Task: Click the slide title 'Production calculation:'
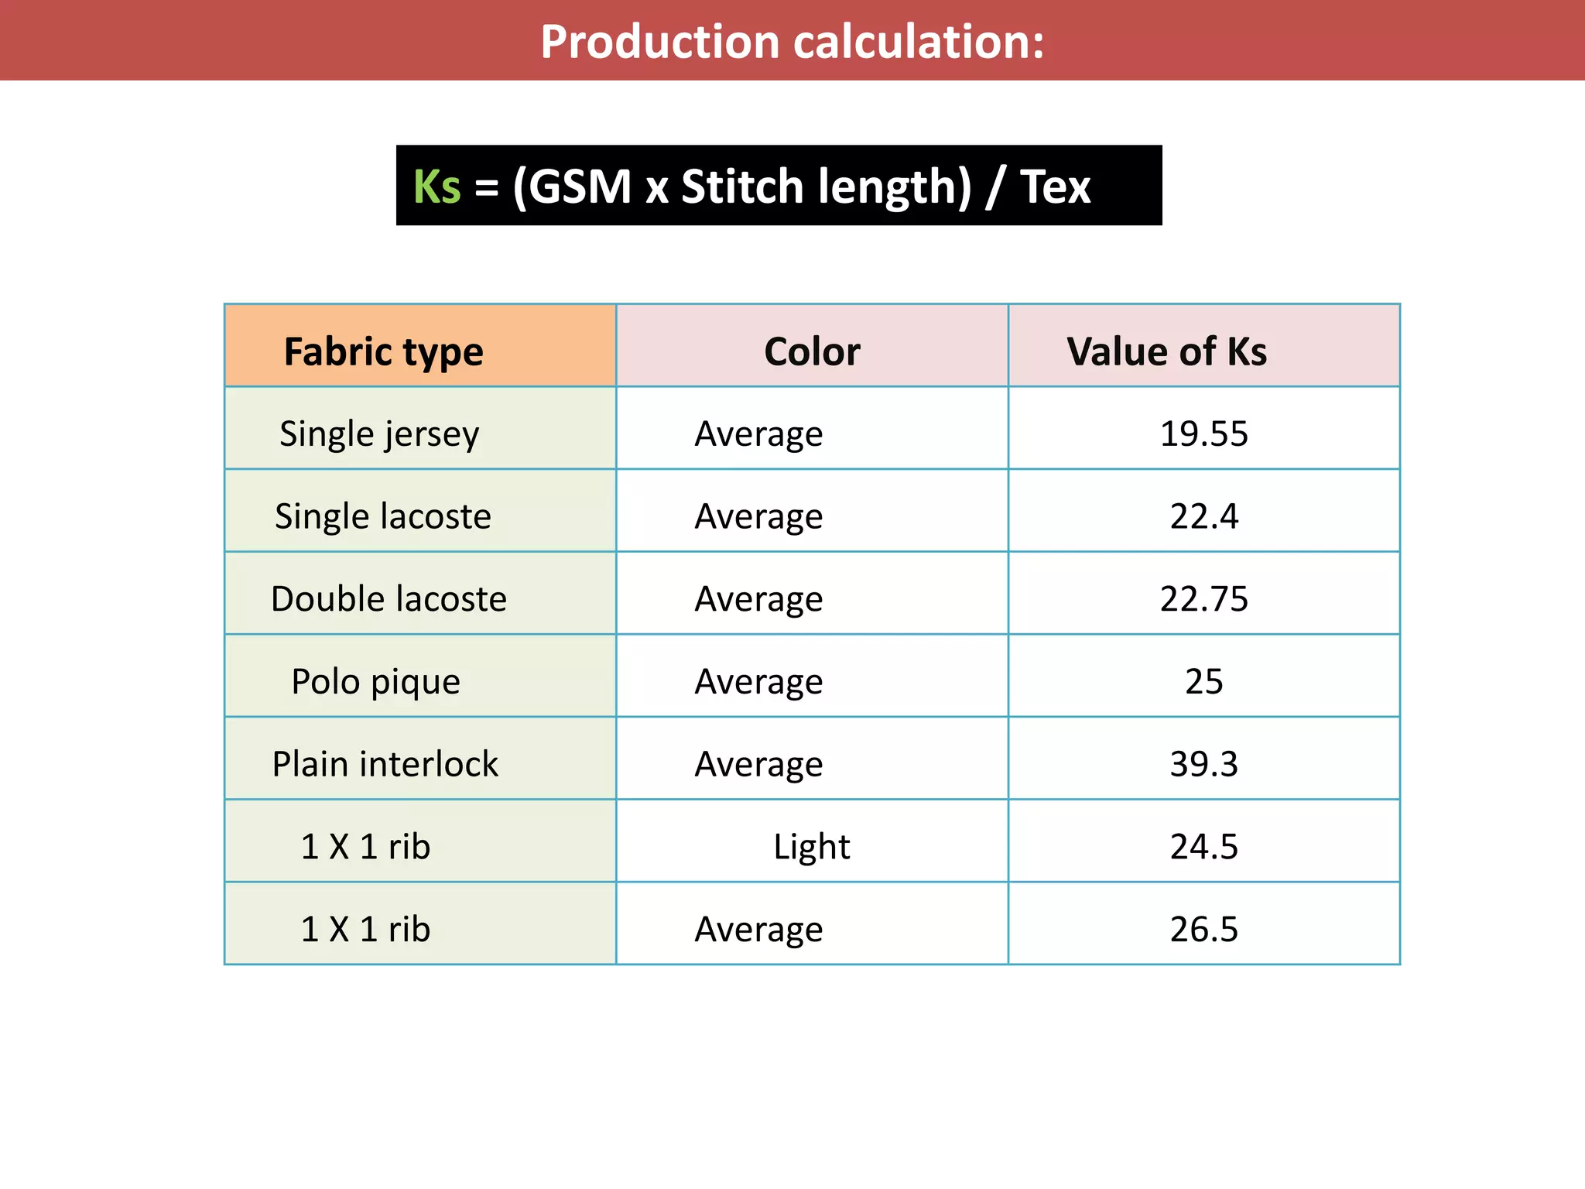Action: (792, 42)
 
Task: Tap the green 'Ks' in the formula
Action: (436, 187)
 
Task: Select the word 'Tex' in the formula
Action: (1055, 187)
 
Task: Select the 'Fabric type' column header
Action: (383, 351)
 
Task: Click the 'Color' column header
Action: (812, 351)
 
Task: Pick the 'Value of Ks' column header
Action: (1166, 351)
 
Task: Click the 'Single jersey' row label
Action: (379, 434)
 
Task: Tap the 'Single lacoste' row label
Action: (383, 516)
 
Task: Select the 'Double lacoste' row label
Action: (389, 599)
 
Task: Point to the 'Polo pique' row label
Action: (375, 682)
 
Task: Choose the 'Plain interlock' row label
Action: (385, 764)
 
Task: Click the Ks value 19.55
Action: (1203, 433)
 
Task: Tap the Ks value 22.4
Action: (1203, 516)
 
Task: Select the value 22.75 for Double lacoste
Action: (1203, 599)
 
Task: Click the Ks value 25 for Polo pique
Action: (1203, 682)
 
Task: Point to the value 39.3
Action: (1203, 764)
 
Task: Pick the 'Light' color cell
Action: (812, 847)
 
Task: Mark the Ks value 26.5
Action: (1203, 929)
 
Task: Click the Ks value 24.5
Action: (1203, 847)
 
